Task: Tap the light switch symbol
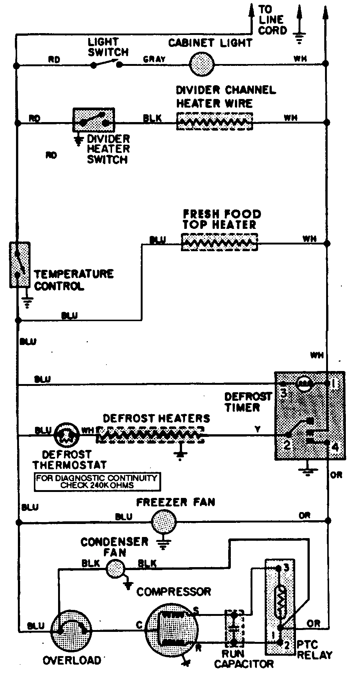pyautogui.click(x=106, y=64)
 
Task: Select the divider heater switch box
pyautogui.click(x=93, y=120)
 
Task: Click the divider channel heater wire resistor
pyautogui.click(x=214, y=121)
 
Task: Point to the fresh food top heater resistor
pyautogui.click(x=220, y=242)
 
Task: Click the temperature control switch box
pyautogui.click(x=20, y=265)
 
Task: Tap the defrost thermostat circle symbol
pyautogui.click(x=67, y=434)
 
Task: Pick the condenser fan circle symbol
pyautogui.click(x=115, y=569)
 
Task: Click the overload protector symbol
pyautogui.click(x=71, y=629)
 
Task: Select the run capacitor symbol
pyautogui.click(x=235, y=627)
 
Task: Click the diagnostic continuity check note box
pyautogui.click(x=97, y=482)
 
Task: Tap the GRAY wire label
pyautogui.click(x=154, y=59)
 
